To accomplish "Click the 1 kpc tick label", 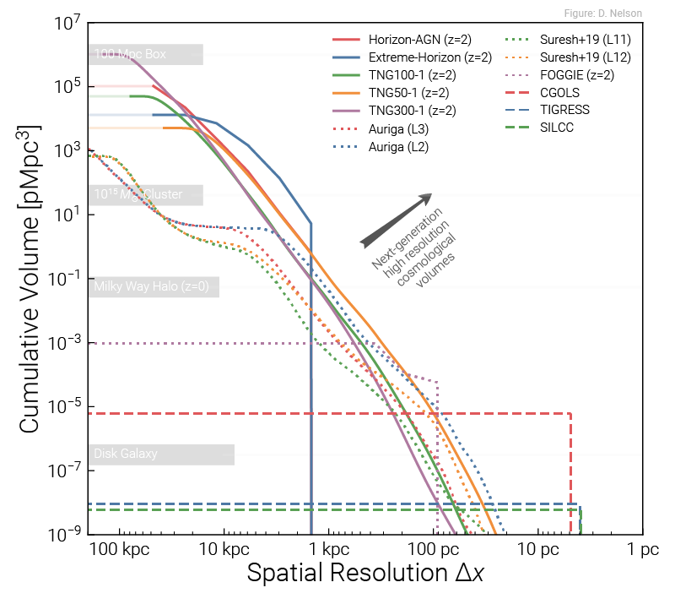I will click(x=329, y=550).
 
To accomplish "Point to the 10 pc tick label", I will click(x=537, y=550).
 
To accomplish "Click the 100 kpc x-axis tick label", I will click(x=116, y=550).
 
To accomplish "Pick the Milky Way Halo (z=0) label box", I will click(x=153, y=286).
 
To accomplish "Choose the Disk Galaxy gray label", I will click(x=160, y=454).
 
